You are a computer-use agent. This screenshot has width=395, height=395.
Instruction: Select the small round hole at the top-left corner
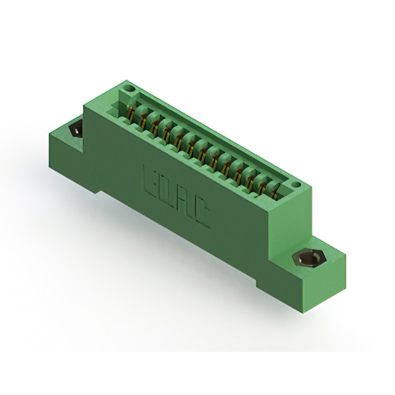(x=130, y=89)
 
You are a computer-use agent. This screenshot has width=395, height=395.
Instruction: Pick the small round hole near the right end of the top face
(x=296, y=183)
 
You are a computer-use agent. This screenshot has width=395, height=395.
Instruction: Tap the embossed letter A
(x=185, y=201)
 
